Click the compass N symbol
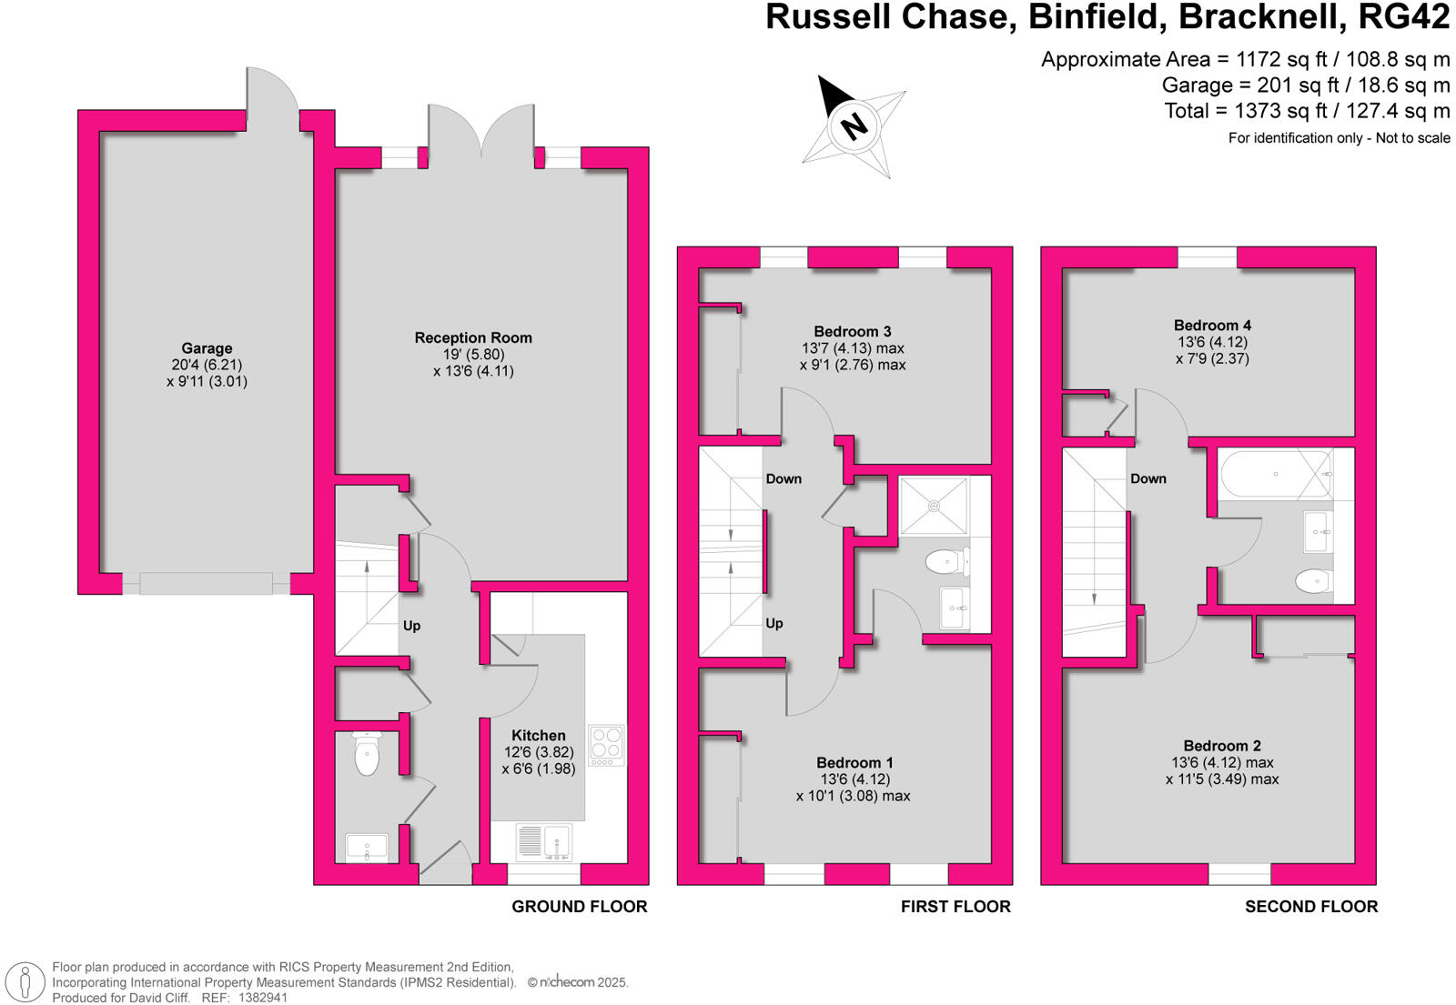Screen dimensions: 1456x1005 coord(854,126)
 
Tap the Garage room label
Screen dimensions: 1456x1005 coord(207,348)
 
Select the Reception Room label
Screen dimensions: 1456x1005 coord(473,337)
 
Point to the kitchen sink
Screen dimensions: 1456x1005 coord(544,841)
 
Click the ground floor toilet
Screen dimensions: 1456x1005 coord(367,754)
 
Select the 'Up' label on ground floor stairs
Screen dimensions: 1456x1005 coord(411,626)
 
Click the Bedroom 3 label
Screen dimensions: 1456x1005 coord(853,331)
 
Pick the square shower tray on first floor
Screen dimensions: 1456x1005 coord(933,506)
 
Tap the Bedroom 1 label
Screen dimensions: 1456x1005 coord(854,762)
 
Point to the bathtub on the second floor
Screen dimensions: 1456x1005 coord(1274,474)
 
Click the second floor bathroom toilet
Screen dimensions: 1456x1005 coord(1311,580)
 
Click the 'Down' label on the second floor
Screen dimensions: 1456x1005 coord(1148,478)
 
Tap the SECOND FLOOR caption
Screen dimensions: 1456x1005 coord(1311,906)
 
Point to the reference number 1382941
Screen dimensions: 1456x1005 coord(263,997)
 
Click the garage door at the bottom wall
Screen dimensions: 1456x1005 coord(207,583)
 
